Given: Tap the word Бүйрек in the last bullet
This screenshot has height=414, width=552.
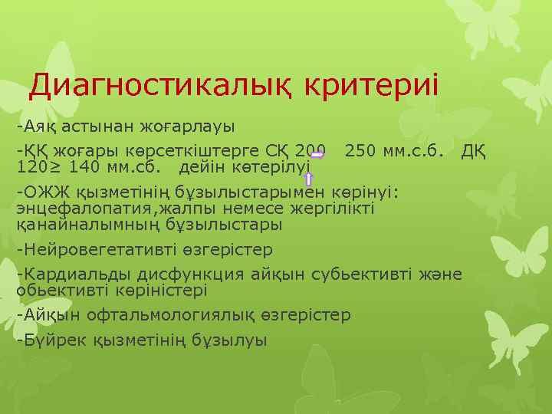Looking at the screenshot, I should pyautogui.click(x=51, y=340).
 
